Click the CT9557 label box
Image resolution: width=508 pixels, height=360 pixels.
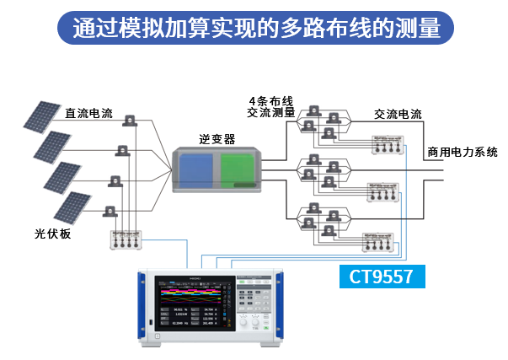(x=382, y=276)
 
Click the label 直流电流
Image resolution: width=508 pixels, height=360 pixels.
(x=88, y=112)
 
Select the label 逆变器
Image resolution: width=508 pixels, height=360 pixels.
(x=217, y=138)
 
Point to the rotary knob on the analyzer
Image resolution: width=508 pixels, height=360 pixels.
(x=243, y=322)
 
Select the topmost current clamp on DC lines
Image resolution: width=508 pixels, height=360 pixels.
(x=130, y=121)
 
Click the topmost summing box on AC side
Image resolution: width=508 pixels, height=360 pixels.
(x=388, y=145)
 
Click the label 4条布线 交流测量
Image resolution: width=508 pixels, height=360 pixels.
(x=270, y=105)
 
